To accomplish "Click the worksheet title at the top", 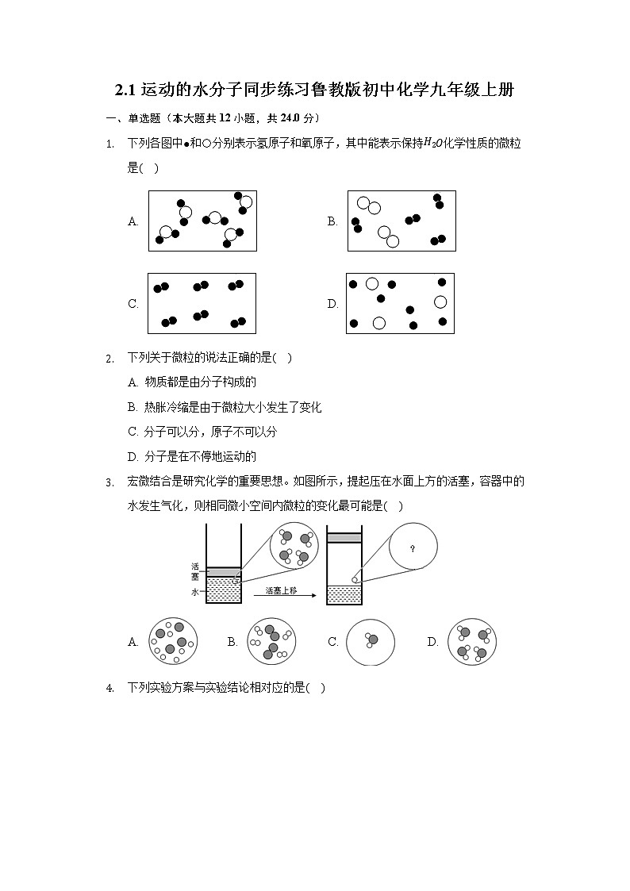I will [x=315, y=90].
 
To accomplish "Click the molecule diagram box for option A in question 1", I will [x=202, y=221].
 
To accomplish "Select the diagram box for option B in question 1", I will [x=401, y=221].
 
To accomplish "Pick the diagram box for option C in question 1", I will [x=202, y=304].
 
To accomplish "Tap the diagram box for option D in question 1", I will [x=400, y=304].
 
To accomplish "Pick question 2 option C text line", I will [x=202, y=432].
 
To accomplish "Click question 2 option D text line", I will [x=193, y=457].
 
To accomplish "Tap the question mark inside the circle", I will [x=412, y=547].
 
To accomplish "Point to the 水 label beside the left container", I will [x=194, y=592].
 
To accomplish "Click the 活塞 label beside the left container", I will [x=194, y=572].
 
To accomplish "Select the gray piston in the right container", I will [x=344, y=537].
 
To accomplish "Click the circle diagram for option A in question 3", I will [x=171, y=642].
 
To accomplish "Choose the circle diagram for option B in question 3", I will [x=271, y=642].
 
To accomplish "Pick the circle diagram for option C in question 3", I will [x=371, y=642].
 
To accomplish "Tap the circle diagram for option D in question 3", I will [x=471, y=642].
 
